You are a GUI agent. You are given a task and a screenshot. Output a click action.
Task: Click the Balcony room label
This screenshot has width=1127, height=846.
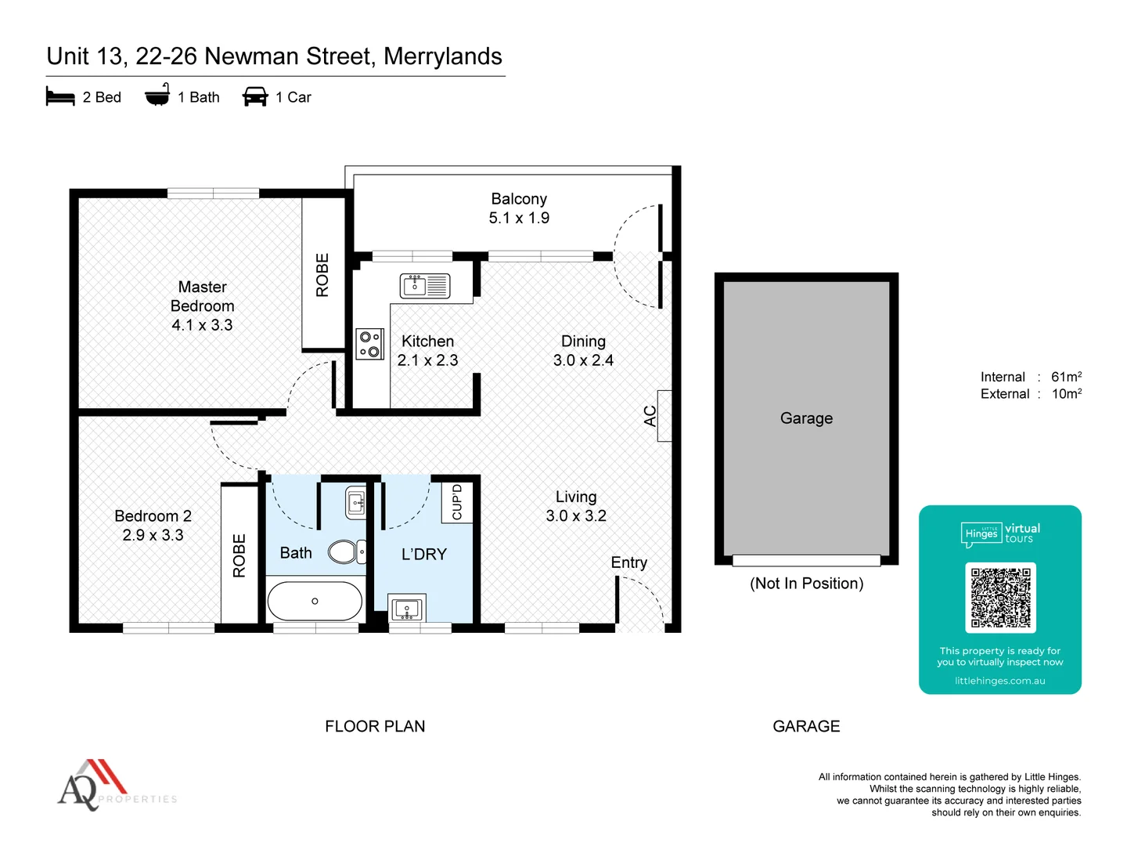(519, 200)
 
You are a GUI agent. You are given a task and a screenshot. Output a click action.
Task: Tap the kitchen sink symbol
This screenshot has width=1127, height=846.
(425, 286)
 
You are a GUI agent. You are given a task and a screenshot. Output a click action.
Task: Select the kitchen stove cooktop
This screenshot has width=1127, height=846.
(370, 344)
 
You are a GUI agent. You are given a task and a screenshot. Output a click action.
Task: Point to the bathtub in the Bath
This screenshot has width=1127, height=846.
(315, 602)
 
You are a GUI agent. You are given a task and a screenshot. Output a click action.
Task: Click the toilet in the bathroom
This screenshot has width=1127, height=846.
(345, 552)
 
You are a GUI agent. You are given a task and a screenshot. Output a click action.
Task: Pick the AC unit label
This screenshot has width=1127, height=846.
(650, 416)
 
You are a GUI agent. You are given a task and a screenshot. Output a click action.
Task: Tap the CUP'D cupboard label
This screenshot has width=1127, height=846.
(457, 502)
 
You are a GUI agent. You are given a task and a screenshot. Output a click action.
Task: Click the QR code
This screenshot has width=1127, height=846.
(1000, 598)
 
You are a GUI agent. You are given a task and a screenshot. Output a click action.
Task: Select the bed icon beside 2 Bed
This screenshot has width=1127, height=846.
(60, 97)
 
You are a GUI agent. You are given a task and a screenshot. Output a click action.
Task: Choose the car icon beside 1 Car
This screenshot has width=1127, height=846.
(255, 97)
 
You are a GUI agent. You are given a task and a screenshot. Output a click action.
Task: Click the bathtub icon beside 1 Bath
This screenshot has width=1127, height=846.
(157, 95)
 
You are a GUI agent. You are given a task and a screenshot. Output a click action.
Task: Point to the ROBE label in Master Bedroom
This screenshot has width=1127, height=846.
(322, 275)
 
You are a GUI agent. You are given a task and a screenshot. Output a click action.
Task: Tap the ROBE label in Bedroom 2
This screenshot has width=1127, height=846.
(239, 555)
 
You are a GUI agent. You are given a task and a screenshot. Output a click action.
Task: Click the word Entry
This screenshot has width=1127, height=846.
(629, 562)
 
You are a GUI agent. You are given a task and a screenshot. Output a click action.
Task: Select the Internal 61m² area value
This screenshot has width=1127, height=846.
(1066, 377)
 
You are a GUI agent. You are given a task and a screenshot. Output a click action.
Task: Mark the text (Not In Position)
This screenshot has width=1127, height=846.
(806, 584)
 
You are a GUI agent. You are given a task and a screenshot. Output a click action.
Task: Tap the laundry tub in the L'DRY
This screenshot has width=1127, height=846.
(407, 609)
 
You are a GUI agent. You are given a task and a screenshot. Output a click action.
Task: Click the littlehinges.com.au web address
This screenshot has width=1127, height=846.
(999, 681)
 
